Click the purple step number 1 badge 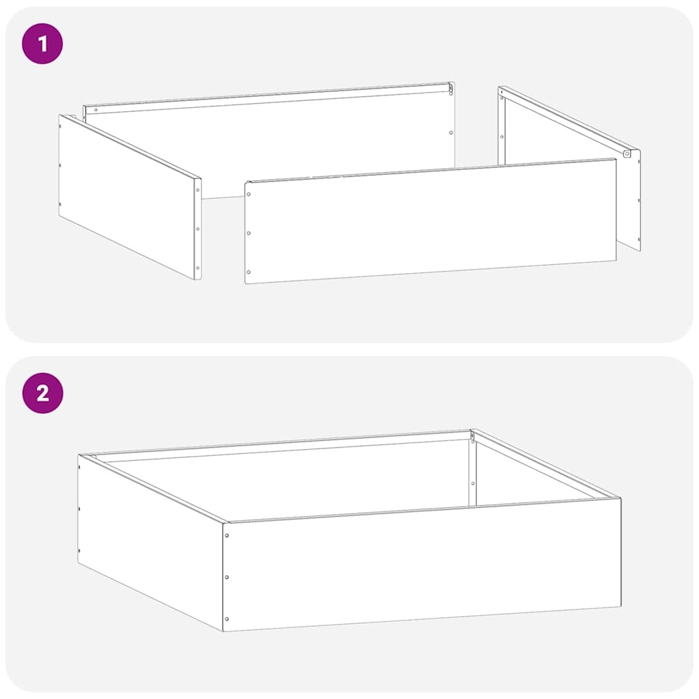(42, 44)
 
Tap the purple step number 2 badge (42, 393)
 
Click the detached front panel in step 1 (430, 222)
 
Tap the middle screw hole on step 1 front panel (248, 233)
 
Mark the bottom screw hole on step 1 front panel (248, 272)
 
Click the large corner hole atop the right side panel (627, 154)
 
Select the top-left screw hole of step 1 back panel (95, 110)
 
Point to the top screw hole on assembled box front (227, 535)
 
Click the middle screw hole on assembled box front (227, 577)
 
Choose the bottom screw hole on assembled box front (227, 619)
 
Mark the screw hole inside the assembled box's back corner (472, 483)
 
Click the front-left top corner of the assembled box (225, 523)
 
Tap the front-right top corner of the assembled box (620, 498)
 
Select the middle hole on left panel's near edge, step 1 (197, 229)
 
